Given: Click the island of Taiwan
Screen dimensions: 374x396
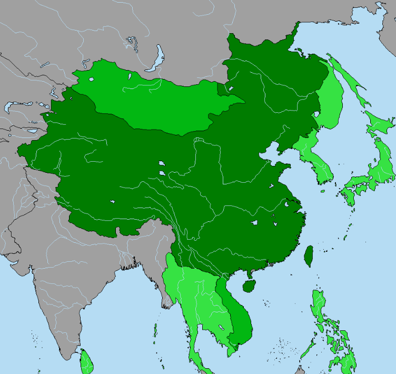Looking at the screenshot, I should [x=309, y=255].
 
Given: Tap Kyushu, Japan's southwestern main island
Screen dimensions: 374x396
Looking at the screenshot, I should [x=349, y=196].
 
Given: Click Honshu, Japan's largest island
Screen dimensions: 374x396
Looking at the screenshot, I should [x=377, y=169].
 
